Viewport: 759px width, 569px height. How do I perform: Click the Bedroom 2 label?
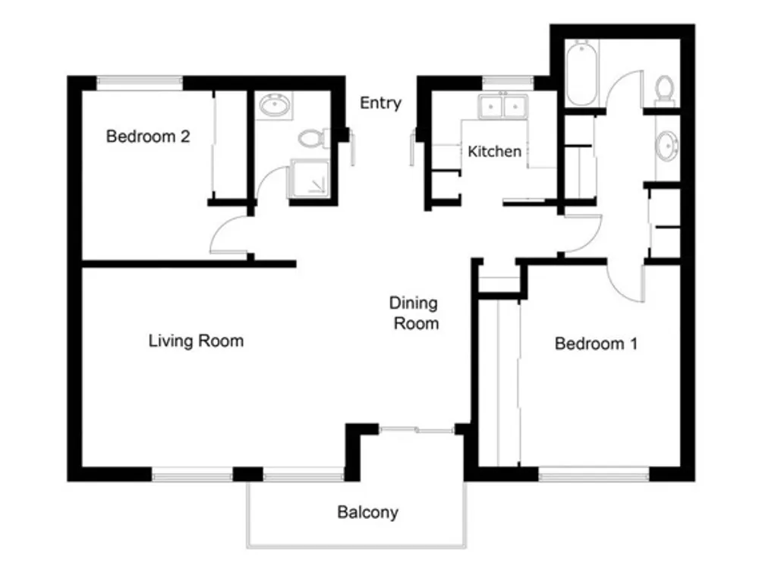148,137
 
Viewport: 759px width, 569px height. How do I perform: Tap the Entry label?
380,103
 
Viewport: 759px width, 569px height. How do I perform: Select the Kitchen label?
494,152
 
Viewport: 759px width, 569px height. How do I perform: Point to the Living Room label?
196,341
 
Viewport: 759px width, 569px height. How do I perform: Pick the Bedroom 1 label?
596,344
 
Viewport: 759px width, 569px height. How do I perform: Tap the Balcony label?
368,512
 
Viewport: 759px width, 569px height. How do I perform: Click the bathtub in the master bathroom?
581,73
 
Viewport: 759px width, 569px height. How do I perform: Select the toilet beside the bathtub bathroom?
665,90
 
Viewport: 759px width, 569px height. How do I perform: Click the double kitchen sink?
503,106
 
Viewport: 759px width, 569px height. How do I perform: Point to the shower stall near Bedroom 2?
310,178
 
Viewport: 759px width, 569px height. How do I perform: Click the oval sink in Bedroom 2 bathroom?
275,105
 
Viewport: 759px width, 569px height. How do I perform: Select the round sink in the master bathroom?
667,145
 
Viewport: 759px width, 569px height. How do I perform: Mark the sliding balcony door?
416,429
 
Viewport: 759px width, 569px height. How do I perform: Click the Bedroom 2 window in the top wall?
140,83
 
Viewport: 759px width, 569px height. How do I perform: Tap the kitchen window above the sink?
508,83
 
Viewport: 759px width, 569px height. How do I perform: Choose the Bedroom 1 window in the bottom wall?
594,474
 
